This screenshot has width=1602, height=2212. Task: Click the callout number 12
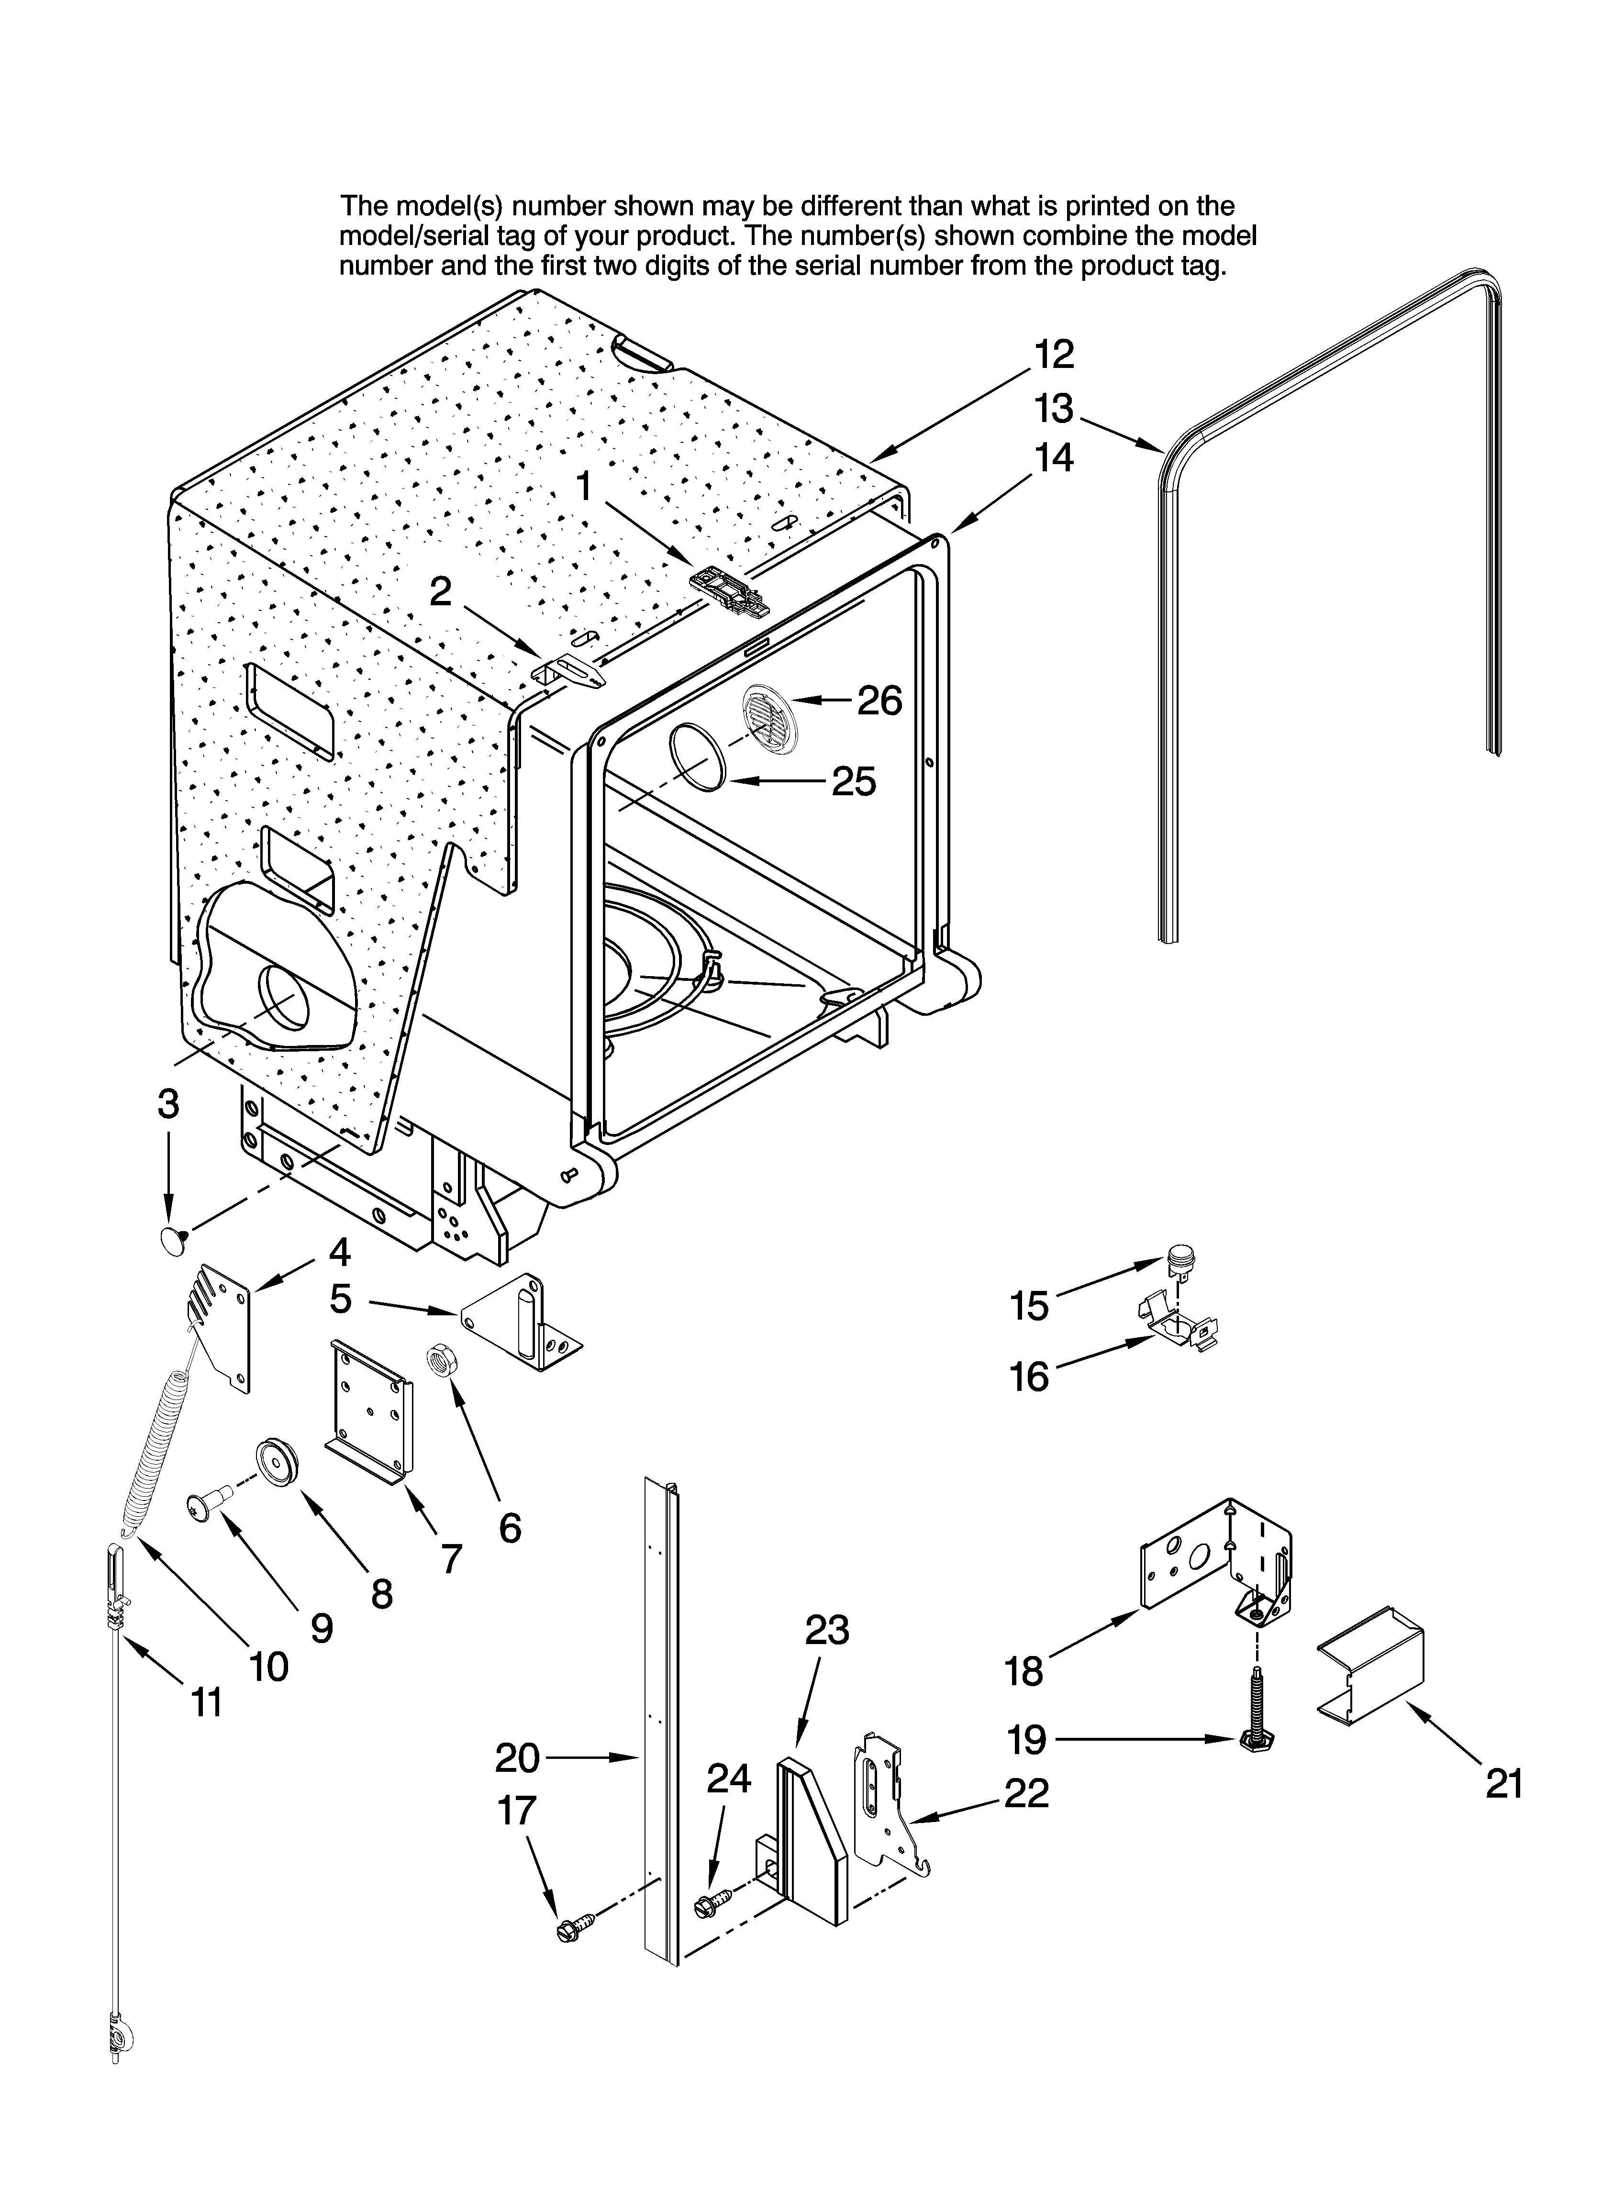[1054, 354]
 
